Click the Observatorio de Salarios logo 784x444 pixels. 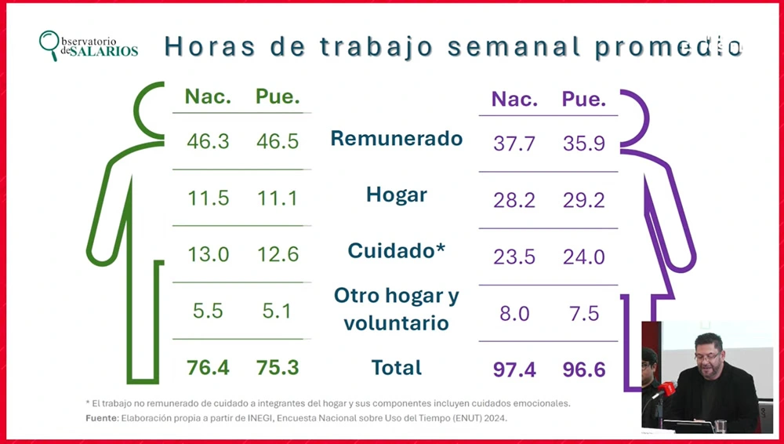pyautogui.click(x=88, y=45)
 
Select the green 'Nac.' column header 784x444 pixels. pyautogui.click(x=208, y=97)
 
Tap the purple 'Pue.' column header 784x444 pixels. pyautogui.click(x=584, y=100)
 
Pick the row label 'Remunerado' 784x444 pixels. pyautogui.click(x=396, y=139)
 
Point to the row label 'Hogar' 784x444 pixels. pyautogui.click(x=396, y=195)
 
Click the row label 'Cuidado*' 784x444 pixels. pyautogui.click(x=396, y=251)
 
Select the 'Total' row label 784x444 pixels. pyautogui.click(x=397, y=367)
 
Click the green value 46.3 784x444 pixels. pyautogui.click(x=208, y=141)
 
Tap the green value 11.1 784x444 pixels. pyautogui.click(x=278, y=198)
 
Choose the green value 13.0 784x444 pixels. pyautogui.click(x=208, y=255)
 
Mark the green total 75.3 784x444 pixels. pyautogui.click(x=278, y=367)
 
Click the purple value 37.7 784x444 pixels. pyautogui.click(x=514, y=144)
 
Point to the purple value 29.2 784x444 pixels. pyautogui.click(x=584, y=201)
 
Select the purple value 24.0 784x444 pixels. pyautogui.click(x=584, y=257)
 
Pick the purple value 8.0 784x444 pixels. pyautogui.click(x=514, y=314)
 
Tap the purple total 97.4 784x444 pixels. pyautogui.click(x=514, y=369)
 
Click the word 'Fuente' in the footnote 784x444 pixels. pyautogui.click(x=101, y=418)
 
